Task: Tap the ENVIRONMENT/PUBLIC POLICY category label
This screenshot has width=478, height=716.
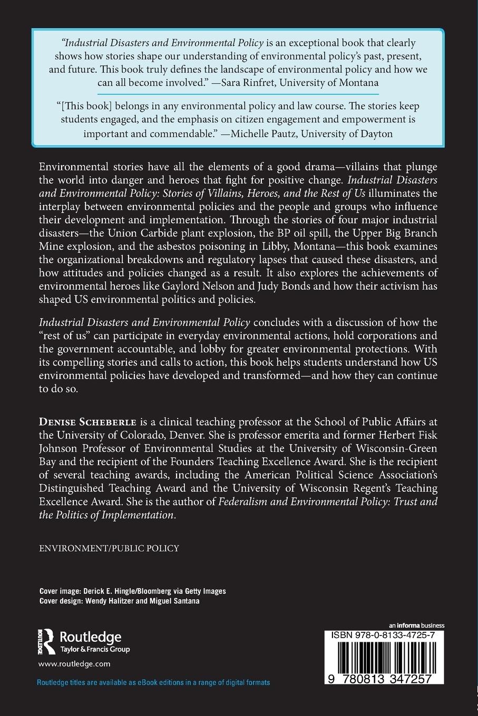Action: point(109,548)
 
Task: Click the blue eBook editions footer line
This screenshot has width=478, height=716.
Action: point(153,682)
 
